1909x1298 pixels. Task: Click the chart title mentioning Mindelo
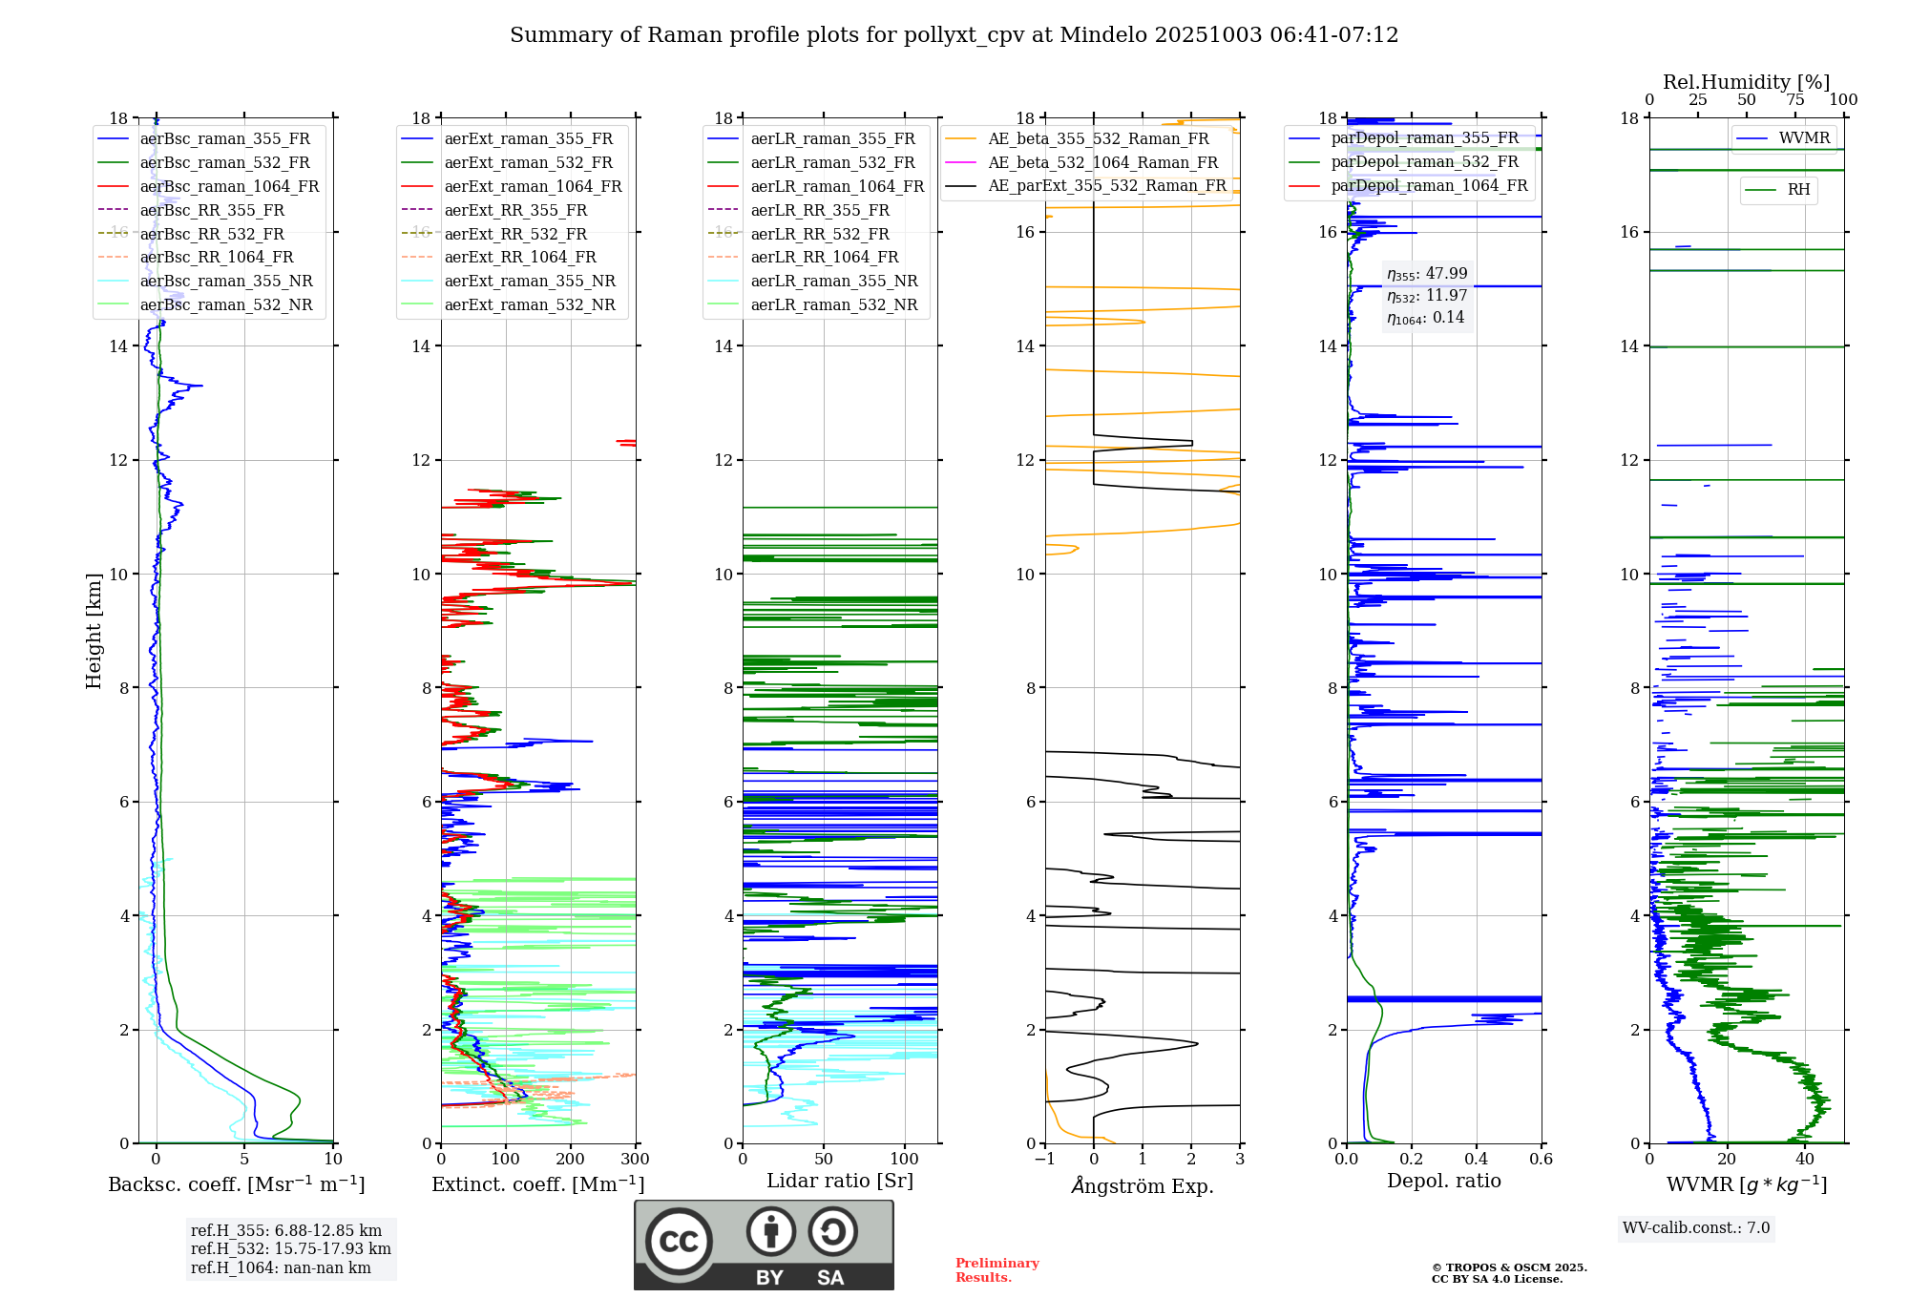tap(954, 35)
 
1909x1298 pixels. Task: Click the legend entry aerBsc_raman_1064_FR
tap(229, 186)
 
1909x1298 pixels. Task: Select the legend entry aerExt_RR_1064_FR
tap(520, 257)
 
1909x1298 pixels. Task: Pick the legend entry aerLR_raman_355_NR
tap(833, 281)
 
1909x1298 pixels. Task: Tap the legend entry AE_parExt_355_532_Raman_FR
tap(1106, 185)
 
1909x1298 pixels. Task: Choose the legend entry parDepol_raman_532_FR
tap(1424, 161)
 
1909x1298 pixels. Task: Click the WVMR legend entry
tap(1803, 138)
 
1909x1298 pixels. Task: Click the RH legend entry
tap(1798, 190)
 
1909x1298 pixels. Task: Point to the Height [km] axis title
tap(94, 630)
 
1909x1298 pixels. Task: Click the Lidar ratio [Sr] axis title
tap(840, 1181)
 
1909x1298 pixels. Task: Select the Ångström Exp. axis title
tap(1143, 1185)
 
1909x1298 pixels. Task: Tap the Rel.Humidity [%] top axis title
tap(1746, 82)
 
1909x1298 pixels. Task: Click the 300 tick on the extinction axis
tap(635, 1160)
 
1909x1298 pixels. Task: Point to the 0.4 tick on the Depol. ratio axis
tap(1477, 1160)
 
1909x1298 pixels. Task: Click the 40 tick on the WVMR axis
tap(1805, 1160)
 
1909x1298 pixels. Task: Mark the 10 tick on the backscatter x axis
tap(332, 1160)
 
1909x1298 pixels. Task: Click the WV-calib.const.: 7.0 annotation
tap(1696, 1228)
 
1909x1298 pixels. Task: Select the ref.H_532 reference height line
tap(290, 1248)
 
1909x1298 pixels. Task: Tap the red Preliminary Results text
tap(996, 1270)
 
